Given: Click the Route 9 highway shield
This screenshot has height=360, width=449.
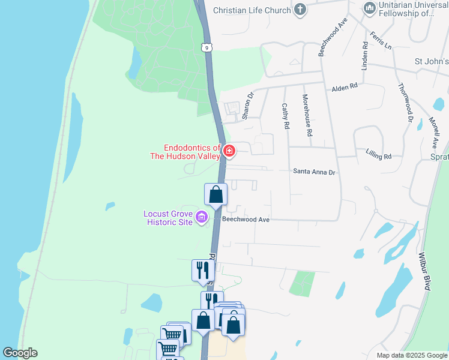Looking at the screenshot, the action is (x=206, y=46).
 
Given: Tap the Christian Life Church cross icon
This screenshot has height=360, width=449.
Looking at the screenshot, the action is (x=300, y=10).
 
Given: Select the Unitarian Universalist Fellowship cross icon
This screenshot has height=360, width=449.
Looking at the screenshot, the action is (x=370, y=8).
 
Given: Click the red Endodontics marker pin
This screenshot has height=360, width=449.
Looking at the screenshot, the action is (x=229, y=152).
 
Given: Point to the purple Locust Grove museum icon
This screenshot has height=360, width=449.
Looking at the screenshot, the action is (x=202, y=217).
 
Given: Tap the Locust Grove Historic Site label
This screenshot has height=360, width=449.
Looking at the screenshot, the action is (x=168, y=218).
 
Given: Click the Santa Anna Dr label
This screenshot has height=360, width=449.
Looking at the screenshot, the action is (x=313, y=172).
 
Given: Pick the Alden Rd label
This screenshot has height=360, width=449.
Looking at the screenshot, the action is (x=345, y=88).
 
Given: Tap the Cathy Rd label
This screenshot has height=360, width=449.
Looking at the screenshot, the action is (x=286, y=116).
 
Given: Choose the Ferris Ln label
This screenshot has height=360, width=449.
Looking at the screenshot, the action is (x=381, y=40).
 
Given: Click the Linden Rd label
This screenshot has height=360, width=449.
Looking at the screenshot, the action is (x=364, y=54).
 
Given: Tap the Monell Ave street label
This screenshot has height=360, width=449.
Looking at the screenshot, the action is (x=433, y=133).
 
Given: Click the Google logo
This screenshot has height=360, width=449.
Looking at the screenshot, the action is (x=20, y=353).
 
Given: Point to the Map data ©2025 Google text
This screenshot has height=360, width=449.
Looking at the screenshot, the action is (x=411, y=355).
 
